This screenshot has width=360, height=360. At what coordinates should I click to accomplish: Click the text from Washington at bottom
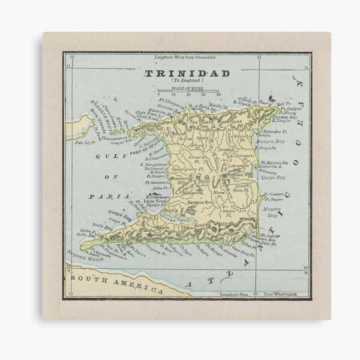point(277,296)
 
